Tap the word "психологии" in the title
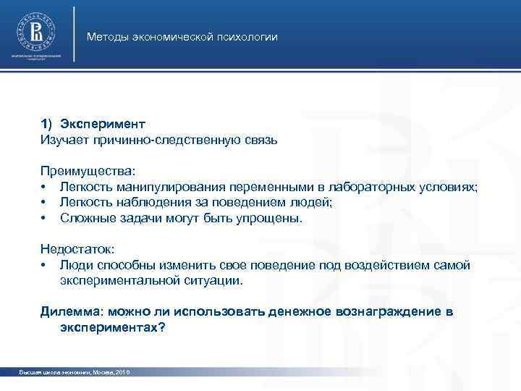(x=250, y=37)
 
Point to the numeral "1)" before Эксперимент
(x=47, y=123)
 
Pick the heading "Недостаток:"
(x=77, y=249)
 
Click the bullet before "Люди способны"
(x=44, y=265)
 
